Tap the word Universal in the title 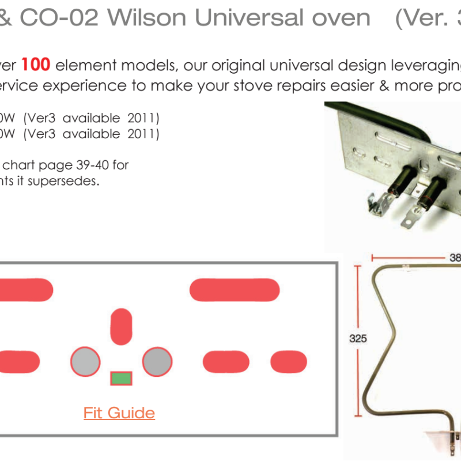(x=249, y=18)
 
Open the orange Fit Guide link (x=119, y=413)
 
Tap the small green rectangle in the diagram (x=121, y=378)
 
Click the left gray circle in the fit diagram (x=86, y=362)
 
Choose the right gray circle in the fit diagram (x=157, y=362)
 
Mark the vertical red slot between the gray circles (x=121, y=326)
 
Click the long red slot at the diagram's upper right (x=235, y=289)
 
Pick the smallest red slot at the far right (x=289, y=361)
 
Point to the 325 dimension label (x=358, y=339)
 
